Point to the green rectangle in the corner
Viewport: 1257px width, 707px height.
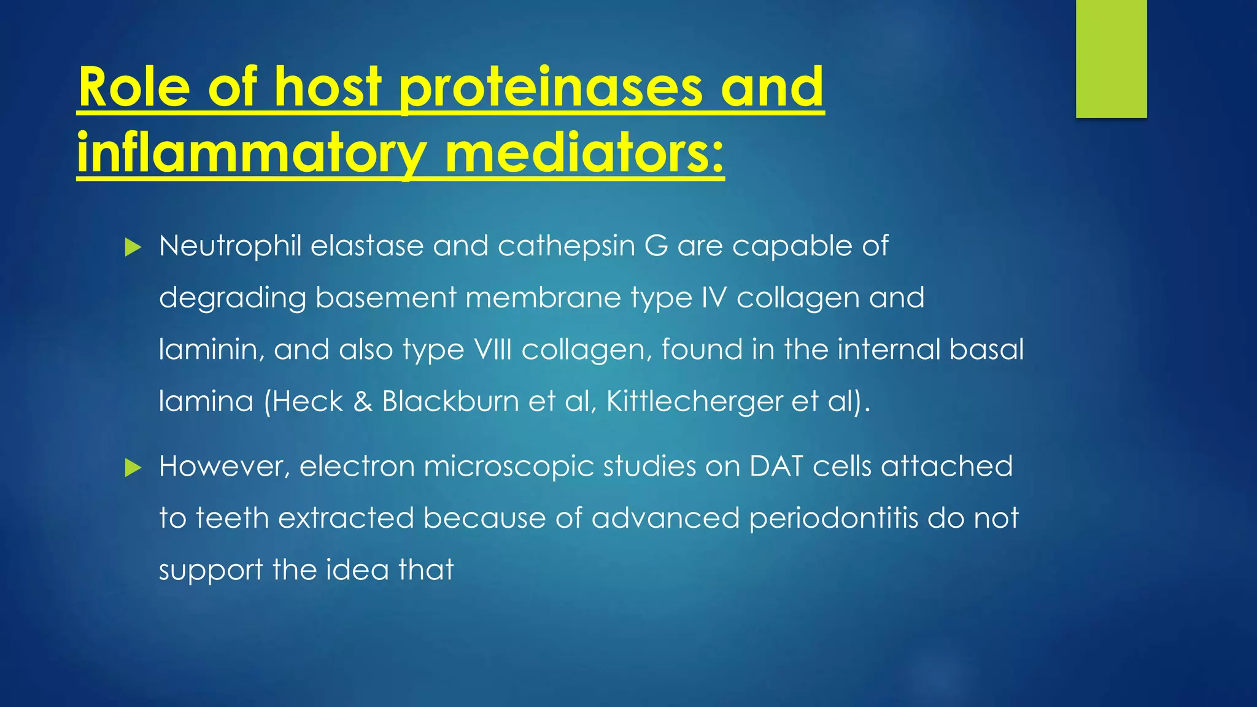[x=1111, y=58]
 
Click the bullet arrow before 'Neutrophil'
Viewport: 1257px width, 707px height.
[x=133, y=248]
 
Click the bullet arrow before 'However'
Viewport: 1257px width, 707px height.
[x=133, y=468]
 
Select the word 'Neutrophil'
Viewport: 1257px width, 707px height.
[x=230, y=246]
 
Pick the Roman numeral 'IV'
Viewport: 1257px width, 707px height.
[x=714, y=298]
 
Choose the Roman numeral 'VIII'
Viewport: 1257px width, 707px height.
[x=493, y=349]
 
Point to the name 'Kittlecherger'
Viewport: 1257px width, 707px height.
[x=694, y=401]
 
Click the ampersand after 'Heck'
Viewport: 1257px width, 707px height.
[x=363, y=401]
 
